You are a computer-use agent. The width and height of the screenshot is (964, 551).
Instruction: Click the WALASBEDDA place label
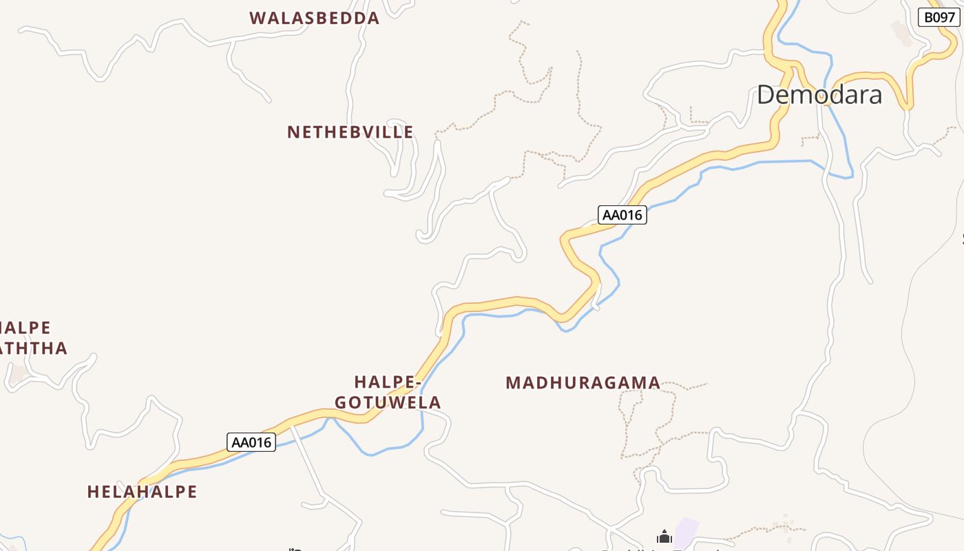315,18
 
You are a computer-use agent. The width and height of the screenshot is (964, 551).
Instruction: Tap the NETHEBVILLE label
350,132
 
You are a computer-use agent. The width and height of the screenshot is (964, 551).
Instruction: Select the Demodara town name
819,94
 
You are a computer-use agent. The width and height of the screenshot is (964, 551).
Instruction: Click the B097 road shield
939,17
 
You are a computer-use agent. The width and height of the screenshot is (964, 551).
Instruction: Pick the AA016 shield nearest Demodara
622,215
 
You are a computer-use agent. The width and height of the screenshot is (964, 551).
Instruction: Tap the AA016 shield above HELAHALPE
251,442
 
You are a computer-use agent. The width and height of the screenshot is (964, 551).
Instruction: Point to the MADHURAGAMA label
583,382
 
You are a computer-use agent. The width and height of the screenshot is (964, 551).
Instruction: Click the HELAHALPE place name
142,492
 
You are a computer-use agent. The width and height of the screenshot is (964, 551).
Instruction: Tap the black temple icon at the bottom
664,537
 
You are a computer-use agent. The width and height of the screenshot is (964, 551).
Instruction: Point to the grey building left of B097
901,32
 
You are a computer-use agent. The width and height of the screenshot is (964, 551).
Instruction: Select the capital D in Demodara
766,94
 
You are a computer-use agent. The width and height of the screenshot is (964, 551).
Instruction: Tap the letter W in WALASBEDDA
258,18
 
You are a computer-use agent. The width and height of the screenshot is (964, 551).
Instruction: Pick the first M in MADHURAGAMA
512,382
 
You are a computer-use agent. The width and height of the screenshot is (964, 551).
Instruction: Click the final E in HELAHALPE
191,492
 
